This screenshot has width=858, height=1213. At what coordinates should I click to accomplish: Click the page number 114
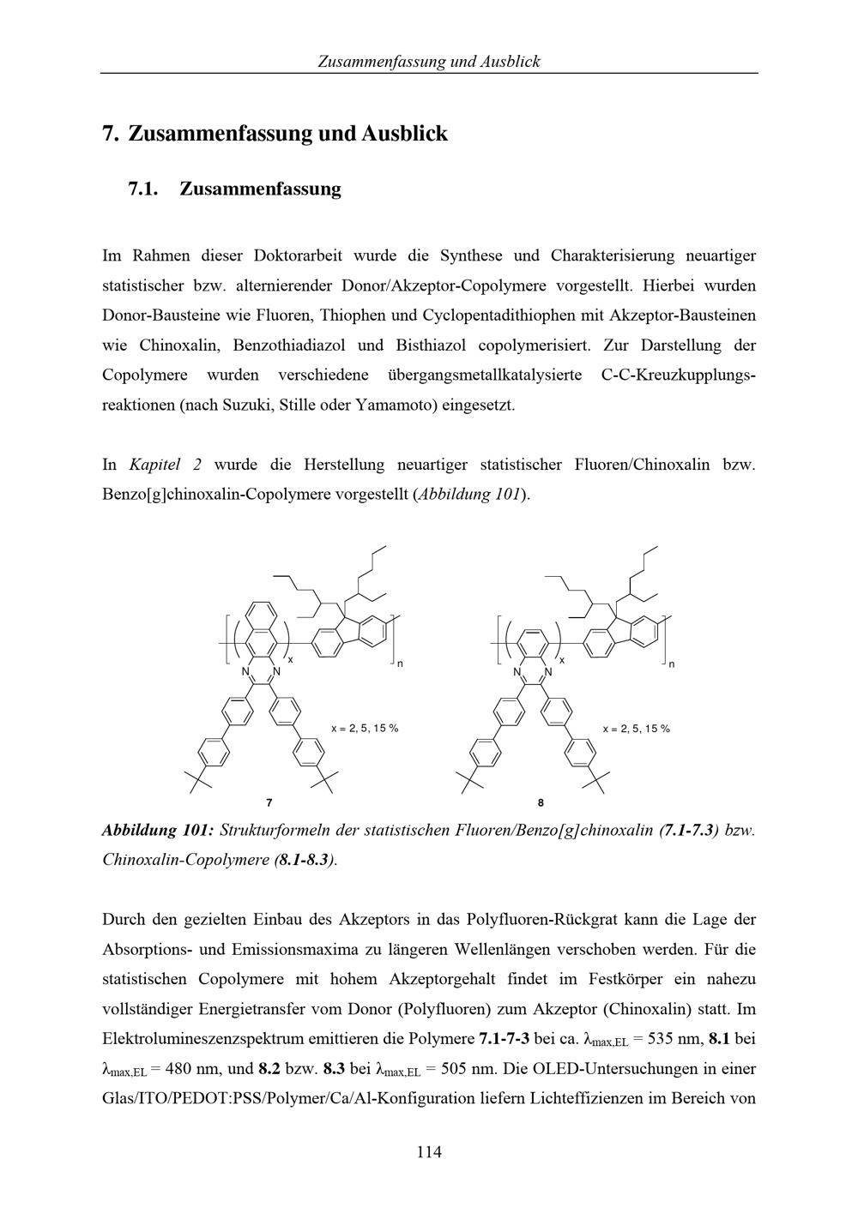click(428, 1152)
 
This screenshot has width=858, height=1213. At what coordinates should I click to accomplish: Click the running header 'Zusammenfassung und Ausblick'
click(428, 61)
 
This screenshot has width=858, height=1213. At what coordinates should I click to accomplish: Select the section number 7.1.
click(144, 189)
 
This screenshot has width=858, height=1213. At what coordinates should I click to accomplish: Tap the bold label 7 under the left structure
click(269, 803)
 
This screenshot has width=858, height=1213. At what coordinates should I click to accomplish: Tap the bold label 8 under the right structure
click(541, 803)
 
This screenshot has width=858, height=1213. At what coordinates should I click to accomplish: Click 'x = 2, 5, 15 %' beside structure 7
click(365, 729)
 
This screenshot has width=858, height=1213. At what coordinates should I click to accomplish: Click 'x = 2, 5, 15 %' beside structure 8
click(636, 729)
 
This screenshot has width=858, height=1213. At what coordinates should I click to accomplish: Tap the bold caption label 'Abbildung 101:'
click(157, 830)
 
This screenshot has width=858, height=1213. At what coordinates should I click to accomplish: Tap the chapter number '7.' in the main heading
click(110, 134)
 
